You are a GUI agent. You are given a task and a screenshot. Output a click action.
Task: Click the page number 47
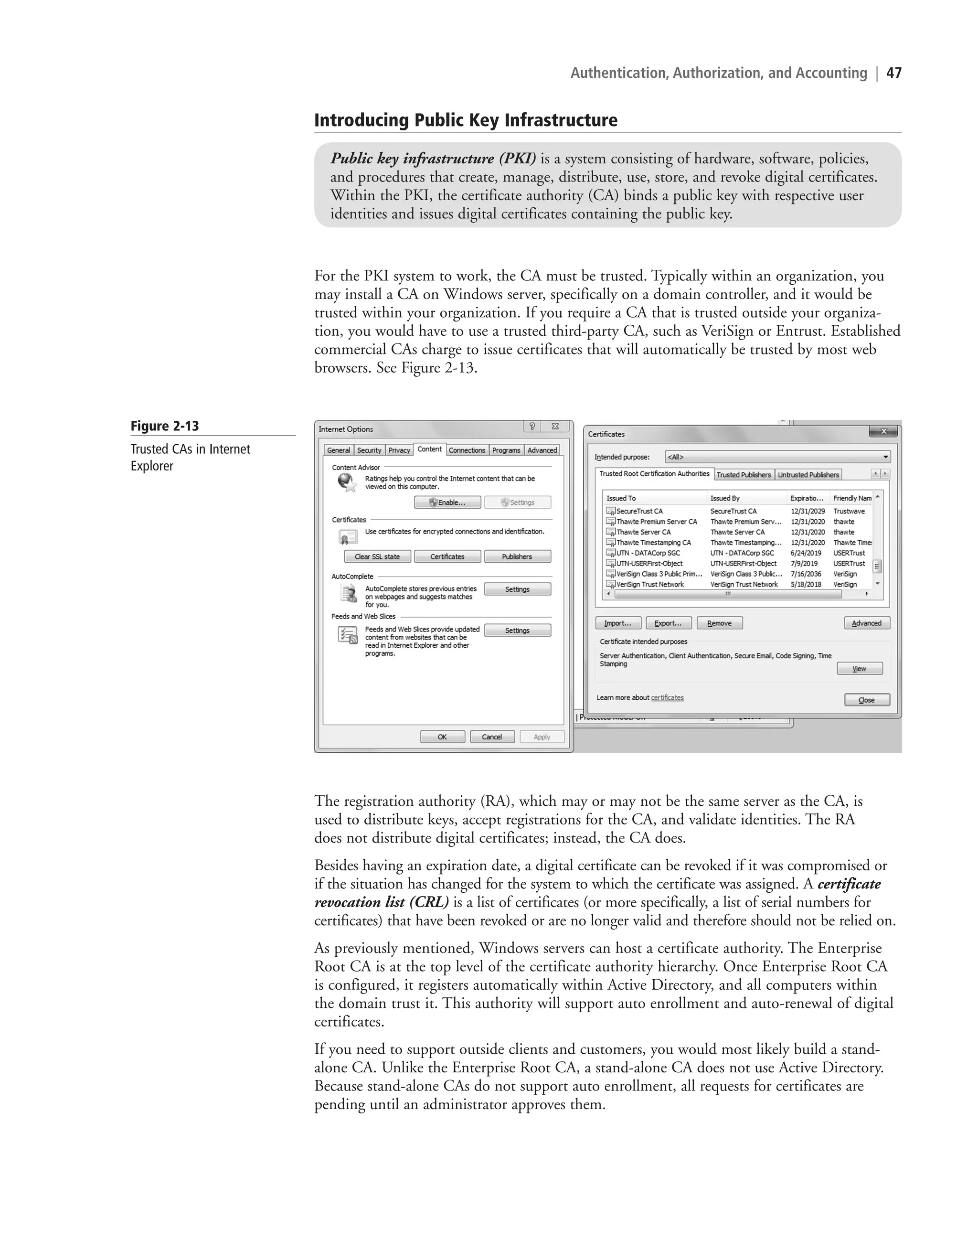tap(894, 73)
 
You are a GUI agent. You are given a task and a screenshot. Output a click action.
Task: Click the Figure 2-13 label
tap(165, 426)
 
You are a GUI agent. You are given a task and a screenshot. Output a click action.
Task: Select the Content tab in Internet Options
tap(429, 449)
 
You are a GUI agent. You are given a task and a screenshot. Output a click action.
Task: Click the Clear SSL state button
tap(377, 557)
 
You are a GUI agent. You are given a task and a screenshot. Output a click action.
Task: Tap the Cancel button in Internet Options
tap(492, 737)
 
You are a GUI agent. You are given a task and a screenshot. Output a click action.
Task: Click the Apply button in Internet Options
tap(542, 737)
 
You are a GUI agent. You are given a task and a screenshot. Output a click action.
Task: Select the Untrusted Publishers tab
tap(808, 475)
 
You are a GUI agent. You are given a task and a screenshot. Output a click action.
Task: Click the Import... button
tap(618, 623)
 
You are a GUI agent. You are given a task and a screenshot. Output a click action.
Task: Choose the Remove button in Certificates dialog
tap(719, 623)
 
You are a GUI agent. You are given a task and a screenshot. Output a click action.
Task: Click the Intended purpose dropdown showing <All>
tap(777, 457)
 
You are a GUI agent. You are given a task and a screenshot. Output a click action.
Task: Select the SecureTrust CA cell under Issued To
tap(639, 512)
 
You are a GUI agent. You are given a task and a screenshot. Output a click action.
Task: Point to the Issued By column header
tap(725, 498)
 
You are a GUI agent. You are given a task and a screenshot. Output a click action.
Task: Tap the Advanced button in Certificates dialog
tap(866, 623)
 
